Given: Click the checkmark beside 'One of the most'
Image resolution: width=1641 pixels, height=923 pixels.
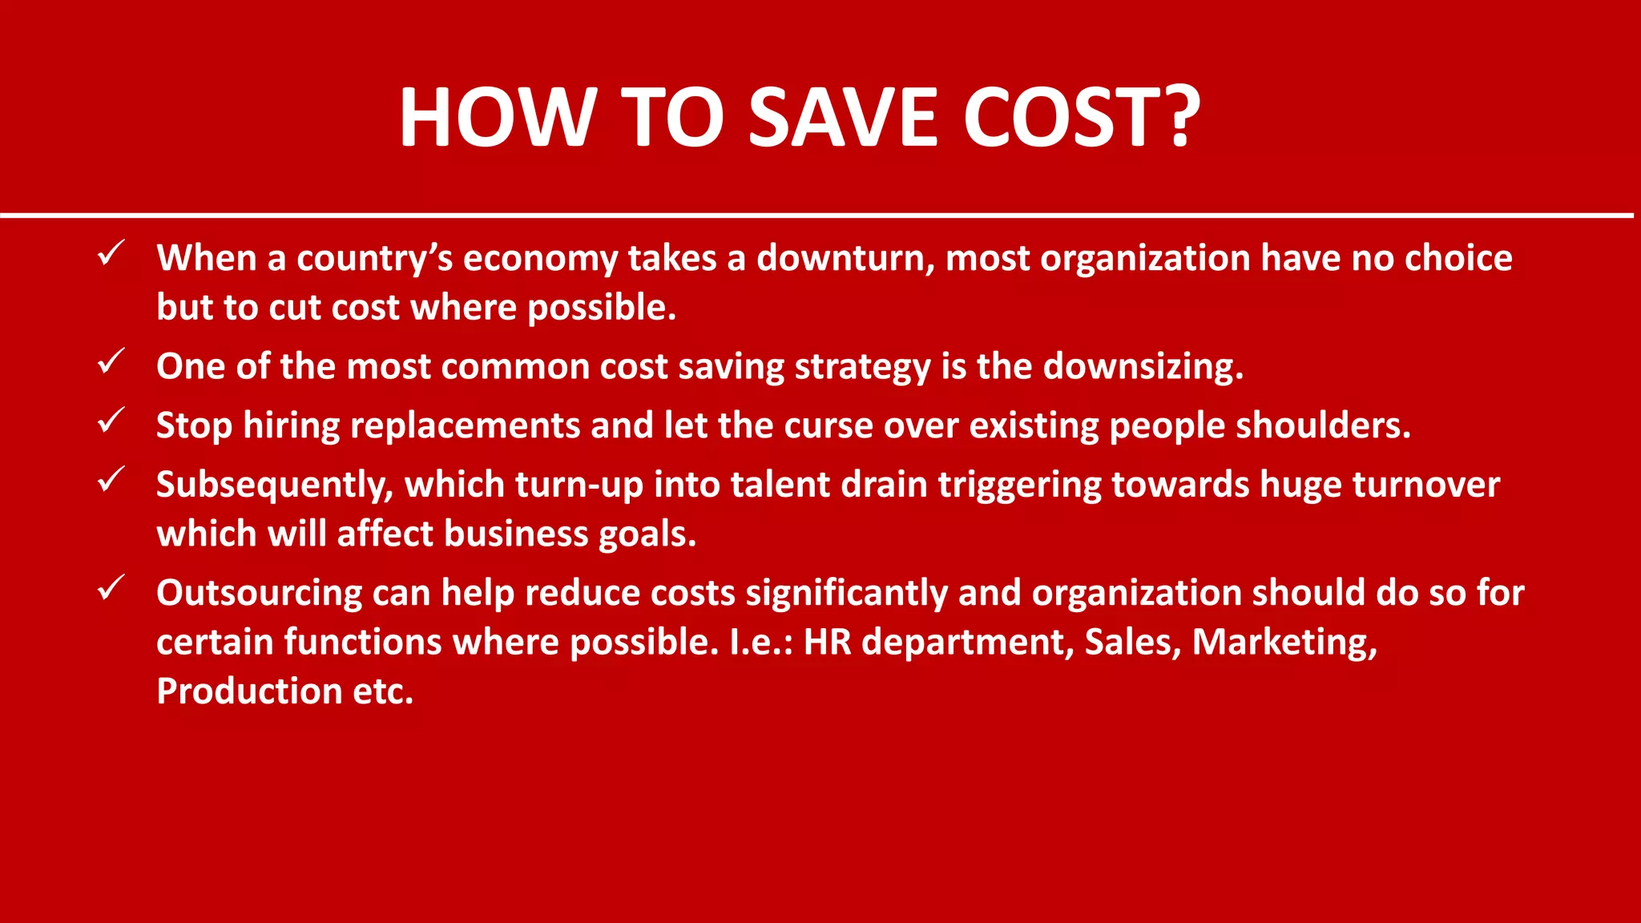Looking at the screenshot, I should point(110,361).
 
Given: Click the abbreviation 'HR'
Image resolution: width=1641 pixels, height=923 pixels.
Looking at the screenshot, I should point(827,643).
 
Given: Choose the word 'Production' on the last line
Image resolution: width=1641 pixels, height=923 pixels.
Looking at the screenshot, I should point(250,691).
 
